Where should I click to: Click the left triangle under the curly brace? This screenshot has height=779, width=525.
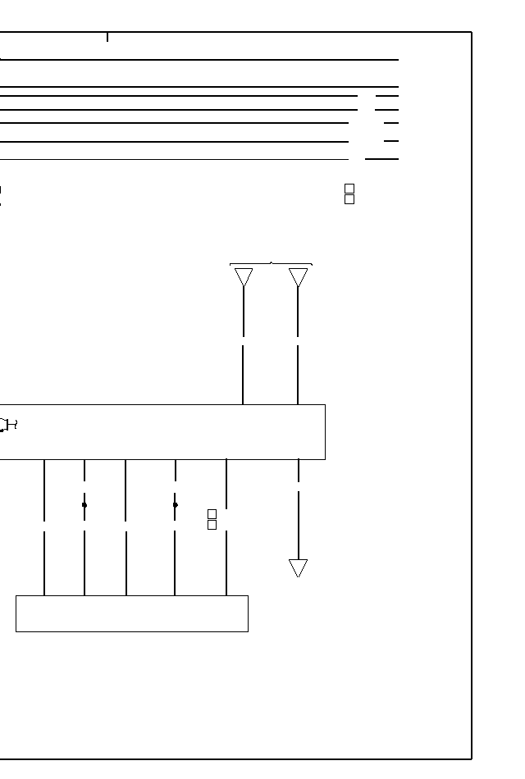pyautogui.click(x=244, y=277)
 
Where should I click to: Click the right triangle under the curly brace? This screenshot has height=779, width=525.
pyautogui.click(x=299, y=277)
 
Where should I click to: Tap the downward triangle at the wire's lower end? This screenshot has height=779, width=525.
pyautogui.click(x=299, y=567)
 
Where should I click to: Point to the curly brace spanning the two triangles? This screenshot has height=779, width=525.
pyautogui.click(x=271, y=264)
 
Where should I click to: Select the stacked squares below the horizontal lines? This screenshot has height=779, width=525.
pyautogui.click(x=349, y=194)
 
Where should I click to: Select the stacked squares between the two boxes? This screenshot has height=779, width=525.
pyautogui.click(x=212, y=519)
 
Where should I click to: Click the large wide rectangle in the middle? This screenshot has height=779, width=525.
pyautogui.click(x=164, y=432)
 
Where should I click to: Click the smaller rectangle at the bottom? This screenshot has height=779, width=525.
pyautogui.click(x=132, y=613)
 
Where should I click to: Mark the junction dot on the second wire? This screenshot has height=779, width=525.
pyautogui.click(x=84, y=505)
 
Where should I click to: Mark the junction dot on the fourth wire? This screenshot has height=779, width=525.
pyautogui.click(x=176, y=505)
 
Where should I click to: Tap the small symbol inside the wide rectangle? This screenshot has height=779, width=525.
pyautogui.click(x=7, y=425)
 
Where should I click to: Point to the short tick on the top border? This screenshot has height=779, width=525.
pyautogui.click(x=107, y=37)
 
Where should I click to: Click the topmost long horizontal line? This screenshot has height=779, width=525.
pyautogui.click(x=197, y=60)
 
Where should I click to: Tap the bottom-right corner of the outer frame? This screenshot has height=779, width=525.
pyautogui.click(x=472, y=758)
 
